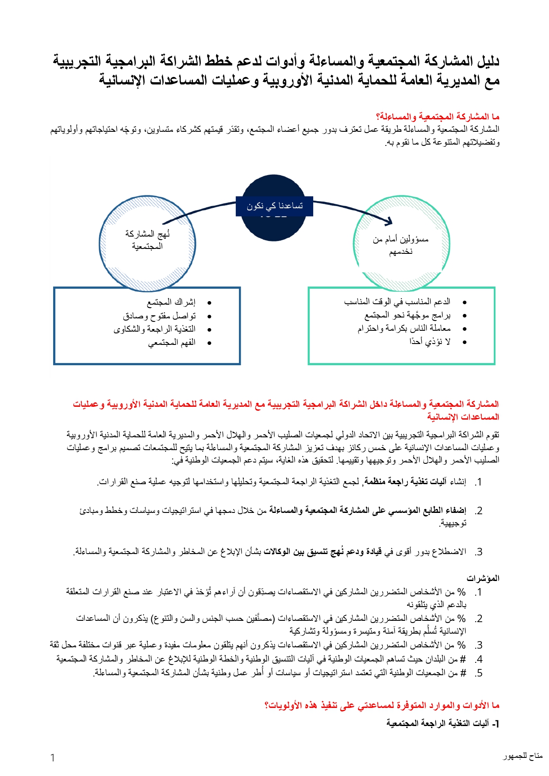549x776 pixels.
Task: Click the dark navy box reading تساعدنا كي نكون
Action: pyautogui.click(x=274, y=206)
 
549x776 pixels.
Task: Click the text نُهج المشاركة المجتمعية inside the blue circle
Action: pyautogui.click(x=147, y=240)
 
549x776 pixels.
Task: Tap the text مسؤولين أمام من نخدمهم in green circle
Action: pyautogui.click(x=401, y=245)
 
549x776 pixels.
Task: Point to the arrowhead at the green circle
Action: pyautogui.click(x=389, y=221)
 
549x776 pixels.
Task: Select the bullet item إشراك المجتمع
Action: pyautogui.click(x=171, y=302)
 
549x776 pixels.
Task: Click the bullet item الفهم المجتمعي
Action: pyautogui.click(x=172, y=343)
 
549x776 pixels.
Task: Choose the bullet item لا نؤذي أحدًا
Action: pyautogui.click(x=430, y=342)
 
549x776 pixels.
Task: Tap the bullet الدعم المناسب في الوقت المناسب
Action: pyautogui.click(x=397, y=302)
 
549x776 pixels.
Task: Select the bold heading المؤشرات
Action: pyautogui.click(x=483, y=578)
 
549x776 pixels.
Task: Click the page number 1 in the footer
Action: pyautogui.click(x=53, y=758)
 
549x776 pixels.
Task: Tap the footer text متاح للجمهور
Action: pyautogui.click(x=522, y=756)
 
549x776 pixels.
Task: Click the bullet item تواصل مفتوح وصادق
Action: pyautogui.click(x=159, y=316)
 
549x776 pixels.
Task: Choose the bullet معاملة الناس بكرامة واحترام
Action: pyautogui.click(x=404, y=329)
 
